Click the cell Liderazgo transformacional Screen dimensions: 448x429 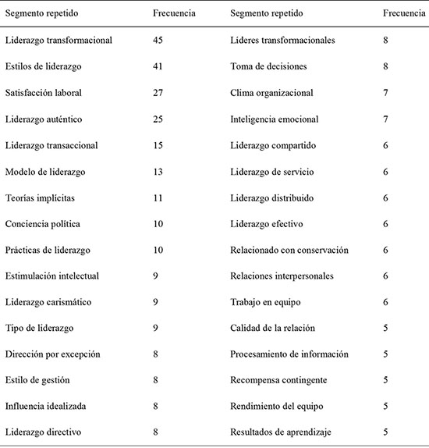click(x=58, y=41)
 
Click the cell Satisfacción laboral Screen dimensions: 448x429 click(x=44, y=93)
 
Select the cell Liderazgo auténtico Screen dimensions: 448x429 click(x=43, y=119)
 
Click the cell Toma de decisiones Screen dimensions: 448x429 click(x=268, y=67)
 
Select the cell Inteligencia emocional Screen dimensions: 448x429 click(x=271, y=119)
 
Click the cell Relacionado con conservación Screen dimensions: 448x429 click(x=289, y=250)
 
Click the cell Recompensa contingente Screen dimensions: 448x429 click(x=278, y=380)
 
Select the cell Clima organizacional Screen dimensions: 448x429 click(x=271, y=93)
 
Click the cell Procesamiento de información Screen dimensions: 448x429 click(x=288, y=354)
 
